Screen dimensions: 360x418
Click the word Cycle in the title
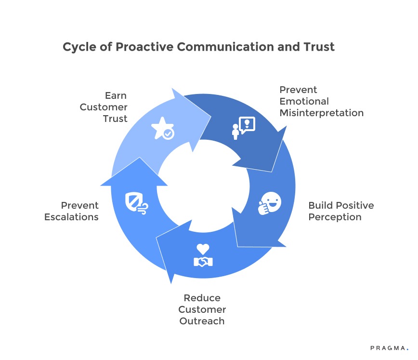(77, 47)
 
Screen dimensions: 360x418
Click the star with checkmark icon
(163, 129)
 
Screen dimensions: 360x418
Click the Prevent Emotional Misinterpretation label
(321, 101)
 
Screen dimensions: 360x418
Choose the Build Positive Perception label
(341, 211)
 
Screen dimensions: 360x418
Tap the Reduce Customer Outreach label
(202, 309)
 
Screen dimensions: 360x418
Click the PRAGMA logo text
(389, 347)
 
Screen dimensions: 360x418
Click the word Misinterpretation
(321, 113)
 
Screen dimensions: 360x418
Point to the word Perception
(335, 217)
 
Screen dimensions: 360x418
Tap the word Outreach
(202, 321)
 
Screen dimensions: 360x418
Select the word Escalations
(71, 217)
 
